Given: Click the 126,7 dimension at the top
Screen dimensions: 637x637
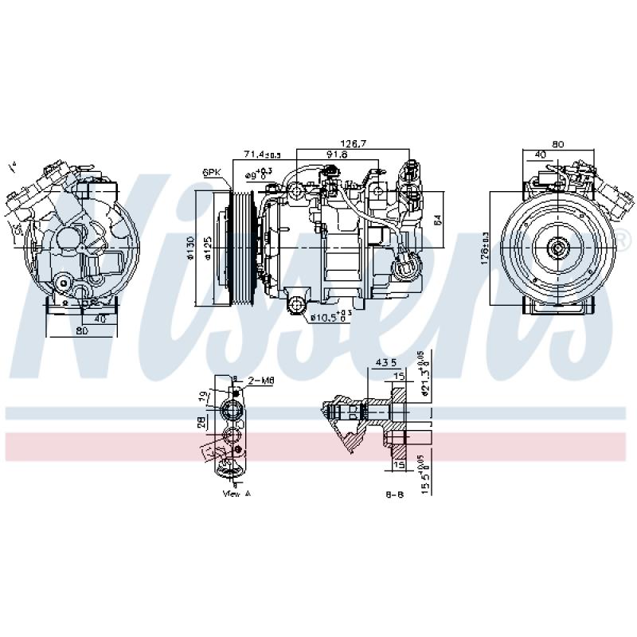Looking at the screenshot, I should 352,143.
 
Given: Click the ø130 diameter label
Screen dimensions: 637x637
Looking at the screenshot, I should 190,248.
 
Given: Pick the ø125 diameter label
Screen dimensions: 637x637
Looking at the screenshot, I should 207,248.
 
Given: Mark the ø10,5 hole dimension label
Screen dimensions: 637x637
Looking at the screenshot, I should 330,318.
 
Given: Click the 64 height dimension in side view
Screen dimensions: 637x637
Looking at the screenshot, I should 437,221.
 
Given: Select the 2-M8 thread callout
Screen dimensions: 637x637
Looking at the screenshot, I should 261,381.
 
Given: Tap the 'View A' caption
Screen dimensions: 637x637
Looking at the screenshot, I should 236,494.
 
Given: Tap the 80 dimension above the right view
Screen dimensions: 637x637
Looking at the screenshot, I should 557,144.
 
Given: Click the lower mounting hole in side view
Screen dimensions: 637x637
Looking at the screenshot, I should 297,304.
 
